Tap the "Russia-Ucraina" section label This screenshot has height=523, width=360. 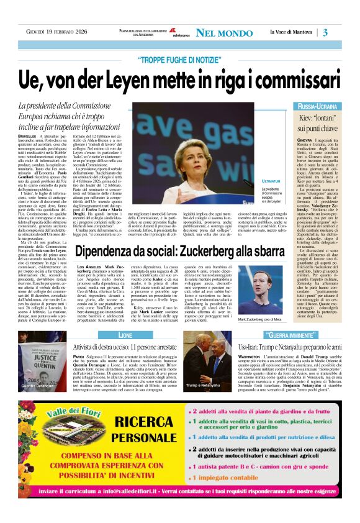click(x=317, y=107)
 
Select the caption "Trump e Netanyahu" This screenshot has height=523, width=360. click(x=202, y=386)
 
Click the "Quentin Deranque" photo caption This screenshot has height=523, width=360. click(x=38, y=386)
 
